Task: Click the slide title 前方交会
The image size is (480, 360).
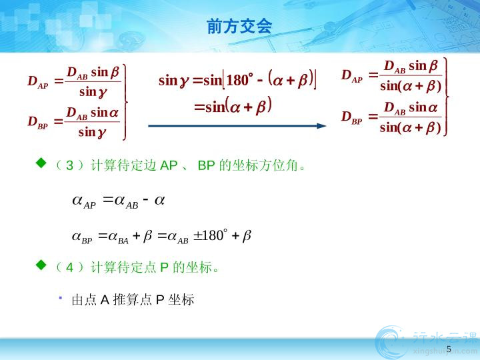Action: point(239,26)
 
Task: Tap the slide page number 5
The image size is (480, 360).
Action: point(449,349)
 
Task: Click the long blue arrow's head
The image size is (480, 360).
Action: point(321,126)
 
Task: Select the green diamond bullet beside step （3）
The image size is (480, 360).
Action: point(41,163)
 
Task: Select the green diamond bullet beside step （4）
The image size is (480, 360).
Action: point(41,265)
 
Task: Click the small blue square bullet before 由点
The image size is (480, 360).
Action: point(61,297)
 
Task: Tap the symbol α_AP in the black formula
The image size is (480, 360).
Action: point(84,202)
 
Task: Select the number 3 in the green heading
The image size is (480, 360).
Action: point(70,165)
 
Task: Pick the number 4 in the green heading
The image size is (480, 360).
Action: point(70,268)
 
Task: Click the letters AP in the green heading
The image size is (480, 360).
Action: point(169,165)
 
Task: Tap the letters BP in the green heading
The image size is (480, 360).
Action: point(206,165)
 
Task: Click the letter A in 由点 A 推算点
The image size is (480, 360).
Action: point(105,300)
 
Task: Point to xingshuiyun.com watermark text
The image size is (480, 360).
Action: point(445,352)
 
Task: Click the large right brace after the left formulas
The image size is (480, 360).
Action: point(125,102)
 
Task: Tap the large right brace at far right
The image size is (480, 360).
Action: point(446,97)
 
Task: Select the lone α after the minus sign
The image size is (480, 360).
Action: point(159,201)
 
